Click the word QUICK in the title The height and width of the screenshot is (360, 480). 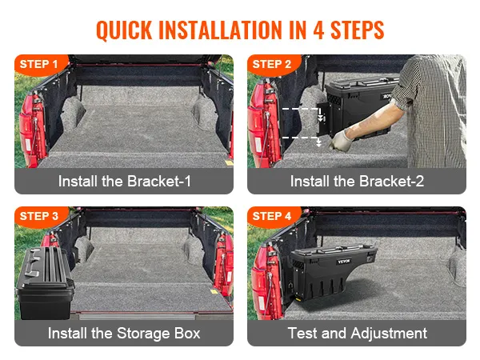click(124, 30)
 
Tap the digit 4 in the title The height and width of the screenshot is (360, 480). click(318, 30)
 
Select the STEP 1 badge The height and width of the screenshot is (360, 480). click(38, 64)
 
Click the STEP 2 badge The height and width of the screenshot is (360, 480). click(271, 64)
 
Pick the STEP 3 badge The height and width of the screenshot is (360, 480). click(38, 216)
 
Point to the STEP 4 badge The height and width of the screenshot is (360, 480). click(271, 216)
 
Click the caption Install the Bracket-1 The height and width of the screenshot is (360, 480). click(124, 181)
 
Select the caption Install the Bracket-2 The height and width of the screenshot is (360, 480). click(357, 181)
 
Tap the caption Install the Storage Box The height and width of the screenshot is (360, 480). click(124, 333)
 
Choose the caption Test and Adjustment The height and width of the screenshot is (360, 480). click(358, 333)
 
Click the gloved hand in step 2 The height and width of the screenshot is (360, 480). click(342, 141)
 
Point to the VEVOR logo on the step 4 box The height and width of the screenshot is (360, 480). click(344, 262)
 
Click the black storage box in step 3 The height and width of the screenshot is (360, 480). click(44, 283)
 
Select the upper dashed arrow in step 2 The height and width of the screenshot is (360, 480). click(303, 114)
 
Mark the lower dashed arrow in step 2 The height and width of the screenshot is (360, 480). click(302, 141)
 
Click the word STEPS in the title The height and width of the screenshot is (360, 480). click(358, 30)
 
